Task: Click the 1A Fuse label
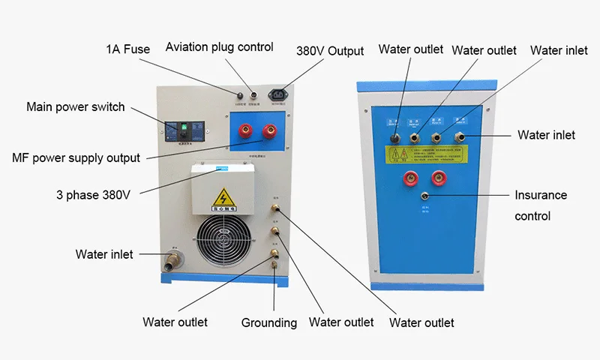(x=127, y=49)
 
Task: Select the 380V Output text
(x=330, y=51)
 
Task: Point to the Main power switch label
(x=76, y=106)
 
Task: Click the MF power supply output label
(x=76, y=158)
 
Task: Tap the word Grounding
(x=269, y=322)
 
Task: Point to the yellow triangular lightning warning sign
(x=223, y=198)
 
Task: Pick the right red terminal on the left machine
(x=265, y=133)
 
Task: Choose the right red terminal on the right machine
(x=438, y=179)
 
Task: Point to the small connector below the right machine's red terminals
(x=424, y=196)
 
